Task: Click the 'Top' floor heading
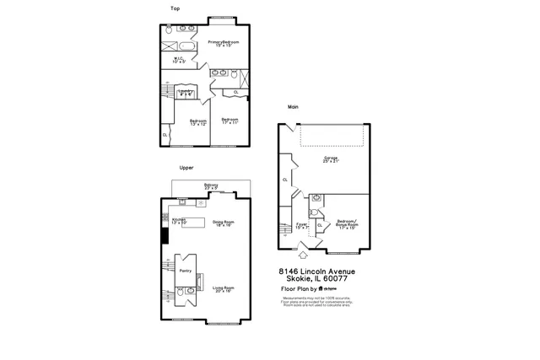click(175, 8)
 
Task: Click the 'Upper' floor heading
click(175, 168)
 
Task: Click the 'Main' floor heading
click(293, 107)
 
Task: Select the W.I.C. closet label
click(179, 60)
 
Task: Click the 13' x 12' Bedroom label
click(198, 122)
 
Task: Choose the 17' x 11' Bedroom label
click(230, 121)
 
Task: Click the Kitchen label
click(179, 220)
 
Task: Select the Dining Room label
click(223, 223)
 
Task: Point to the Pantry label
click(186, 271)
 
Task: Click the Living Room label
click(223, 289)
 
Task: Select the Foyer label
click(302, 225)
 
